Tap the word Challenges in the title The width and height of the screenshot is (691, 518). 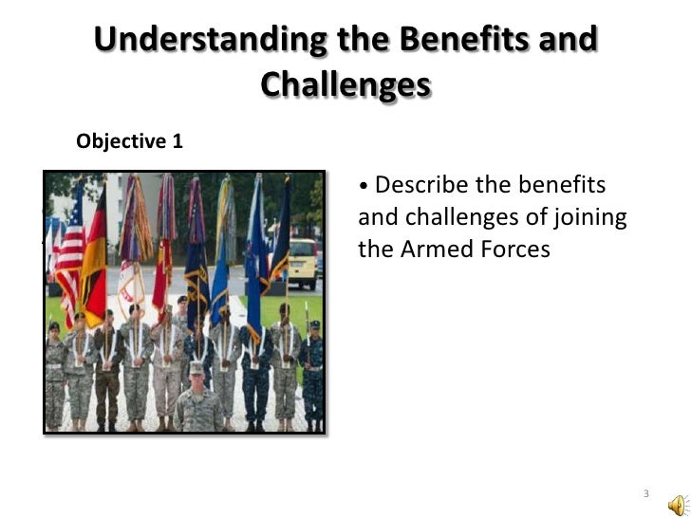(x=345, y=85)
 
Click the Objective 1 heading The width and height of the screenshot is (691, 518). (x=129, y=141)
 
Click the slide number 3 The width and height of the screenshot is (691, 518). (x=645, y=494)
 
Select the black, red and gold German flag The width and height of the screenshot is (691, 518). (x=95, y=256)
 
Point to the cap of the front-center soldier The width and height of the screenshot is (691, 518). (x=197, y=366)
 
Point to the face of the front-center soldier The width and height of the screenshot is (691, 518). (x=197, y=378)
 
